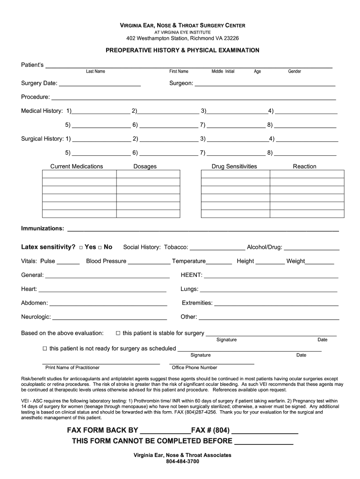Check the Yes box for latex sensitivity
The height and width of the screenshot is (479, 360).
pos(81,247)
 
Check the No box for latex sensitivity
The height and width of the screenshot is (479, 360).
pos(100,247)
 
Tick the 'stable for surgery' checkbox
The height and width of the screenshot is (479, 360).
pos(118,333)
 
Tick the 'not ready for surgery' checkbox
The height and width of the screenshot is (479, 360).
pos(45,348)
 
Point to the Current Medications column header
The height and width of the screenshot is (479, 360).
pos(77,167)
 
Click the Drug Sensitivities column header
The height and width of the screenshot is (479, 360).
pos(234,167)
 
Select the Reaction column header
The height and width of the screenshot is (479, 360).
pos(304,167)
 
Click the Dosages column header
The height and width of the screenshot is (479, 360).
pos(145,167)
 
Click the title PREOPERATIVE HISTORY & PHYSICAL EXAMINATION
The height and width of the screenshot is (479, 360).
pos(182,50)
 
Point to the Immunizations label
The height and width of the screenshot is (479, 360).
pos(43,228)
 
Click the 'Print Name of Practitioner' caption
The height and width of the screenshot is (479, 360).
pos(72,368)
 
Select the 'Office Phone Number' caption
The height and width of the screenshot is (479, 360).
pos(194,368)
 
